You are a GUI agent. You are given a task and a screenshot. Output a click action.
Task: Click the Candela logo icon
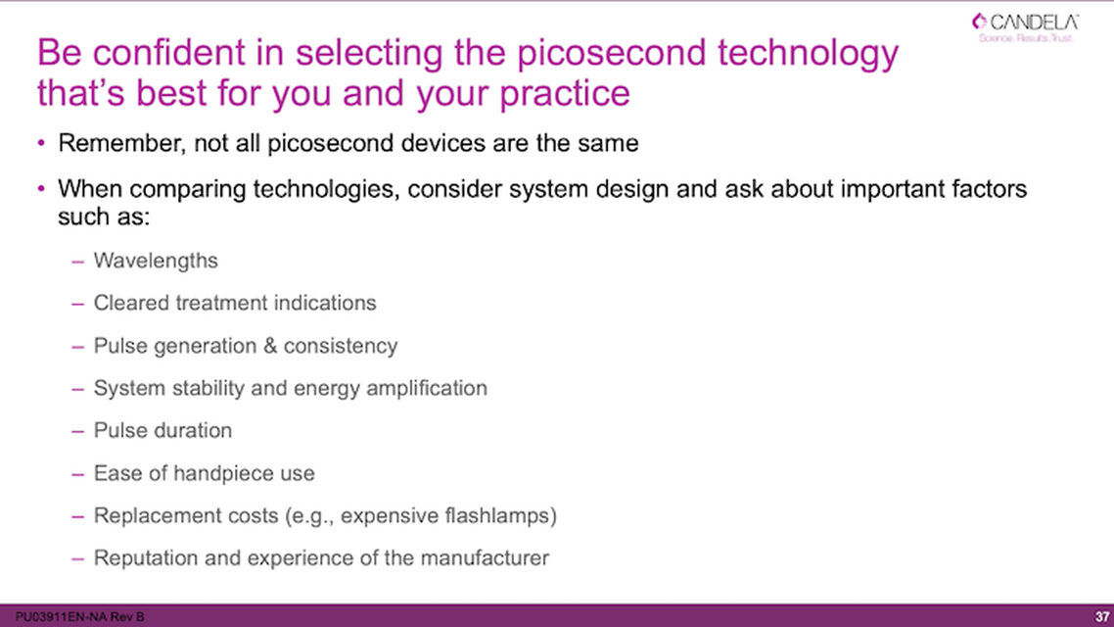click(979, 22)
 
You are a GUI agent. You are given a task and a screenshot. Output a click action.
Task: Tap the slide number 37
click(1099, 616)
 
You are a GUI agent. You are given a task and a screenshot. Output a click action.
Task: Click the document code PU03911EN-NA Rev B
click(73, 616)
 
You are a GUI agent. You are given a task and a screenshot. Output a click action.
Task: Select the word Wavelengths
click(156, 261)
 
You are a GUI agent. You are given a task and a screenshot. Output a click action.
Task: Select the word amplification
click(426, 388)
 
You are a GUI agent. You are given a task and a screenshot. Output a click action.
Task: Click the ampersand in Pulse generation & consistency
click(270, 346)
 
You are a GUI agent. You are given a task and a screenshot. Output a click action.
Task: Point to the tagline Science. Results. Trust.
click(1026, 38)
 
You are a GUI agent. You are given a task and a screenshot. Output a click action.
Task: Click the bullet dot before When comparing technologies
click(42, 188)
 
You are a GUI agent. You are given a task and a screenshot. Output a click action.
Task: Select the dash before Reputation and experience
click(78, 558)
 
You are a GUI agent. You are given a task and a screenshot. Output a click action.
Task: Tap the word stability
click(204, 388)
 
